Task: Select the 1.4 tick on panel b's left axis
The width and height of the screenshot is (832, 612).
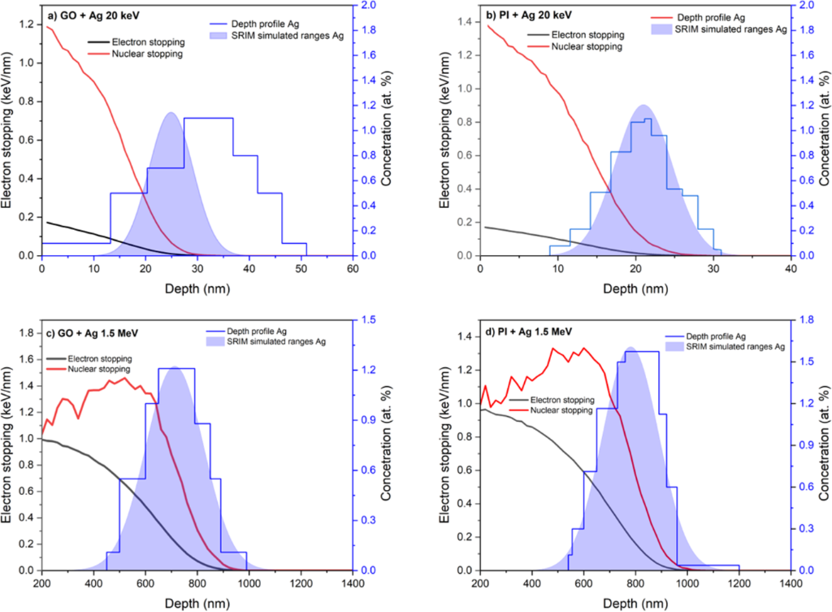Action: click(466, 18)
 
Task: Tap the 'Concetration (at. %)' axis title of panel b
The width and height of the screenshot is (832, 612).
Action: click(821, 130)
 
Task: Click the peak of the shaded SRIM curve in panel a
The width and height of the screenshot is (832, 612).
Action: click(171, 113)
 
